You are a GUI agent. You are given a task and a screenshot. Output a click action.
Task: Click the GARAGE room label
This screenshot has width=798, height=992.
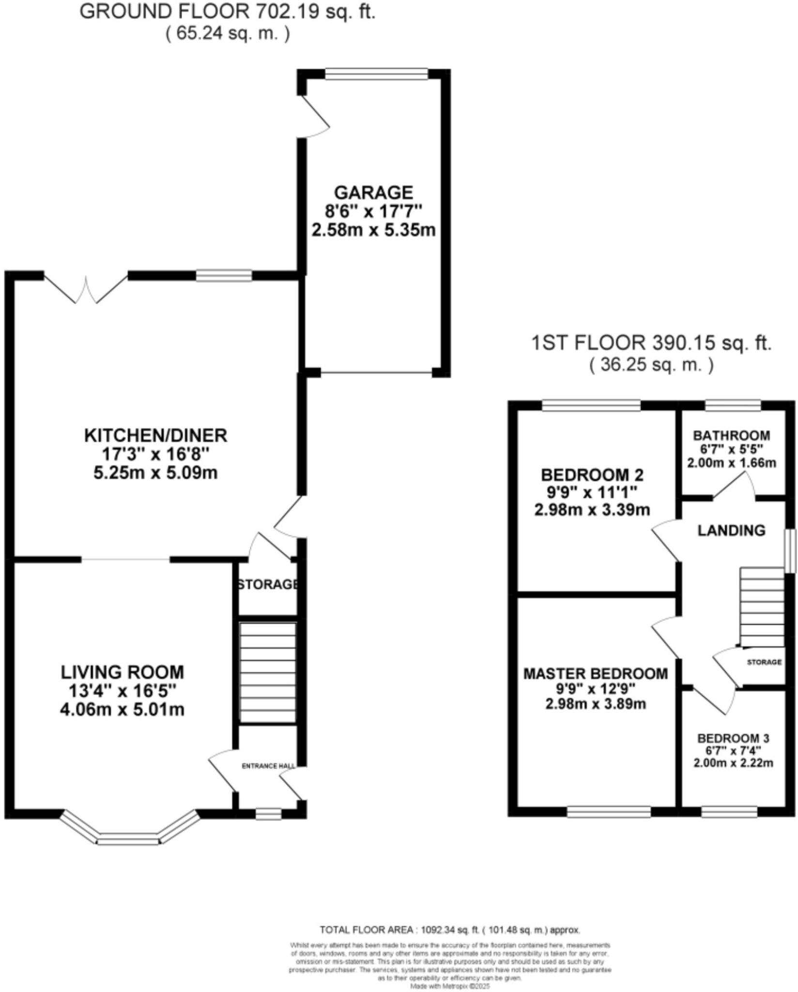click(373, 192)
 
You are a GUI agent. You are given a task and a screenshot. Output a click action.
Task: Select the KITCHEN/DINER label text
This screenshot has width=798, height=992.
click(155, 435)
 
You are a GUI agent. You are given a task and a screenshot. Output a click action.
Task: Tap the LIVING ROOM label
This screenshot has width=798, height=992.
click(122, 672)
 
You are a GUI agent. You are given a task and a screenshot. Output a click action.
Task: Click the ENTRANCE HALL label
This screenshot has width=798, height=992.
click(268, 766)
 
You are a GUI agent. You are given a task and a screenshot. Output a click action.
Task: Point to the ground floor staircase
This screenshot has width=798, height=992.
click(268, 673)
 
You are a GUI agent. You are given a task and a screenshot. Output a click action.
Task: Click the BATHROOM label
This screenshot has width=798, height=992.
click(731, 435)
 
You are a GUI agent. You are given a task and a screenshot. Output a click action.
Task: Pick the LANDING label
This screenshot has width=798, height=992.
click(731, 530)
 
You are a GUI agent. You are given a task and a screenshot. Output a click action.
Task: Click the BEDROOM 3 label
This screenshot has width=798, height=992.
click(733, 739)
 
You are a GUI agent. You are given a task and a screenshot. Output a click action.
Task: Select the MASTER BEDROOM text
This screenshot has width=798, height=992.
click(596, 674)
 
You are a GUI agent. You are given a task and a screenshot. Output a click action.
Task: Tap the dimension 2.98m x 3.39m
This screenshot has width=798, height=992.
click(592, 510)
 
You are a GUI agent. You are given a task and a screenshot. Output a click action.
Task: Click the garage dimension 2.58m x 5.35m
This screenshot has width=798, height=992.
click(373, 230)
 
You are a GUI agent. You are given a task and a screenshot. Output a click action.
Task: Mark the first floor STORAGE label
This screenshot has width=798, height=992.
click(764, 662)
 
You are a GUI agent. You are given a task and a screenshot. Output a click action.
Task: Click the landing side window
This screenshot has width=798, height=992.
click(790, 550)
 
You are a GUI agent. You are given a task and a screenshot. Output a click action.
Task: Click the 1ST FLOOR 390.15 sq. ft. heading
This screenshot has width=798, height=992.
click(651, 343)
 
